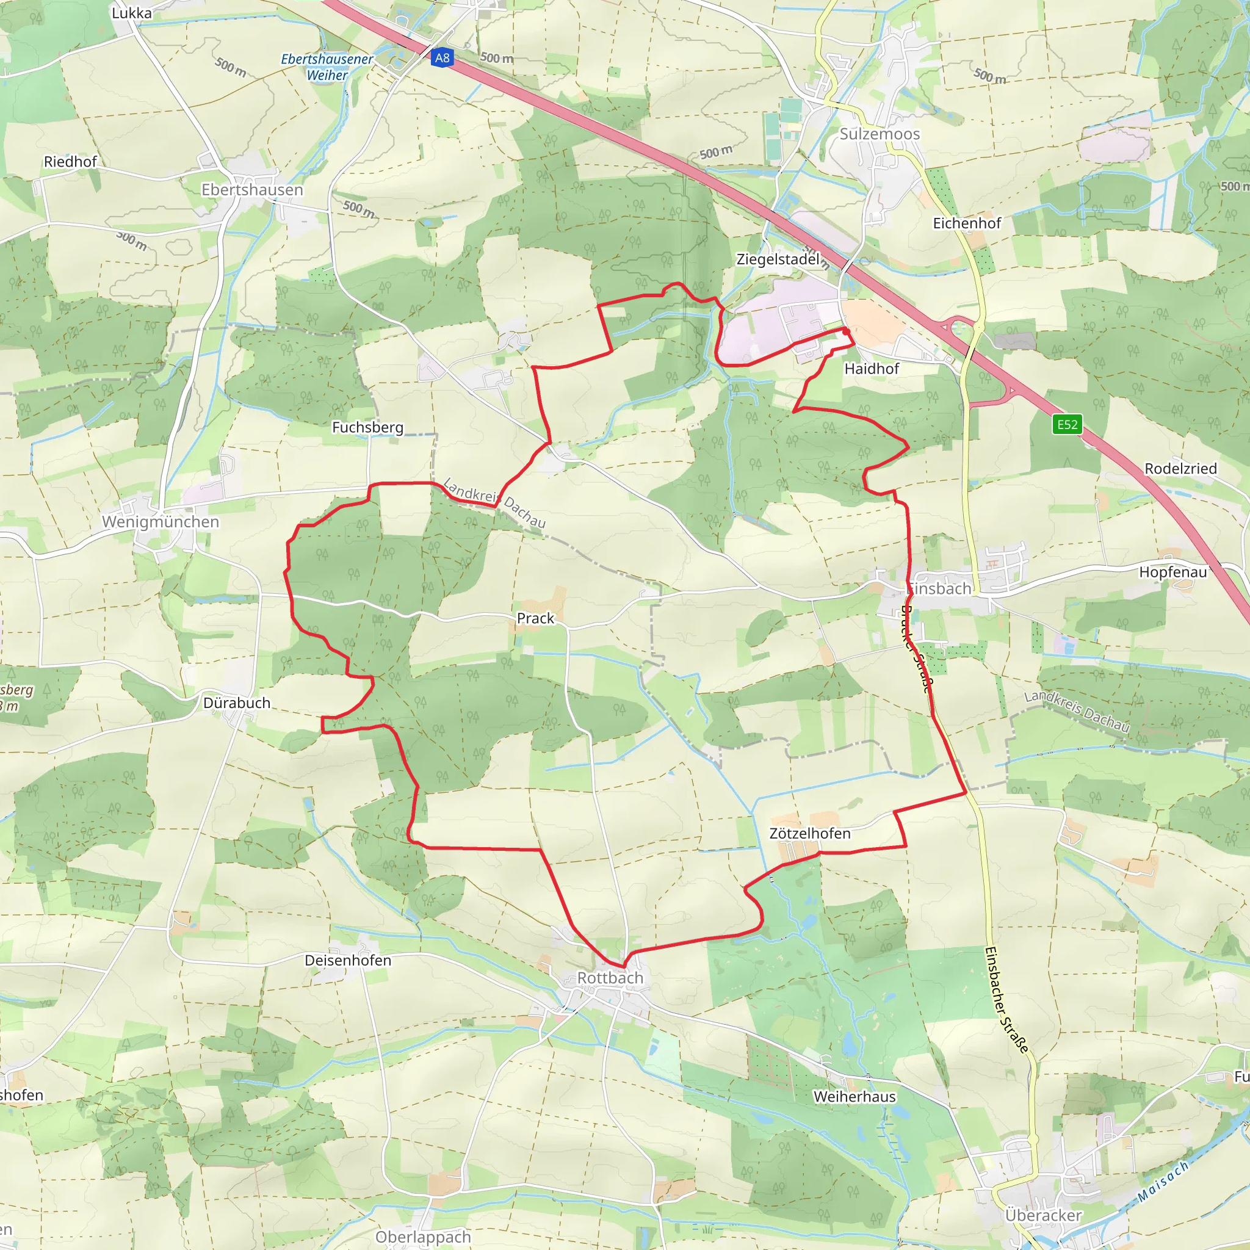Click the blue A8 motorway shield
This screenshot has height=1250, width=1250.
click(442, 58)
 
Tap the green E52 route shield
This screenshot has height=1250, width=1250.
click(1067, 424)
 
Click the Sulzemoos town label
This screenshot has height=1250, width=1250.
click(880, 134)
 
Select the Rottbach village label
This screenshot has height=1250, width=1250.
click(610, 978)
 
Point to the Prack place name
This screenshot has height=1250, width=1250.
click(535, 618)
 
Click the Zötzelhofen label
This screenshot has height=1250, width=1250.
click(809, 833)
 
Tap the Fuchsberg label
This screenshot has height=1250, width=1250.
click(367, 427)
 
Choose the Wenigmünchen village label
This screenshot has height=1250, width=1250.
click(161, 521)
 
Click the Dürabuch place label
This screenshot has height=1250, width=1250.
click(237, 703)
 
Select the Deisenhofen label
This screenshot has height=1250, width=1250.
click(348, 960)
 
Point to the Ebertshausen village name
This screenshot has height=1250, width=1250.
click(252, 190)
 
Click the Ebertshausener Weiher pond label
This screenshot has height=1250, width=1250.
click(327, 67)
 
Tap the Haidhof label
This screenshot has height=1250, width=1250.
click(872, 369)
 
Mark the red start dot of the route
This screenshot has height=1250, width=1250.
click(845, 331)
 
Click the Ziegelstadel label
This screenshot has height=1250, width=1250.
click(778, 259)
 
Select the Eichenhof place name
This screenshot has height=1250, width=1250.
click(967, 223)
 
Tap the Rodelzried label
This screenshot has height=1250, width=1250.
click(1181, 468)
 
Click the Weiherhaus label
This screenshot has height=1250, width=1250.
click(854, 1097)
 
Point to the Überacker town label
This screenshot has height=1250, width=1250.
click(1043, 1215)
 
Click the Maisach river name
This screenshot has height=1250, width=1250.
click(1163, 1182)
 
